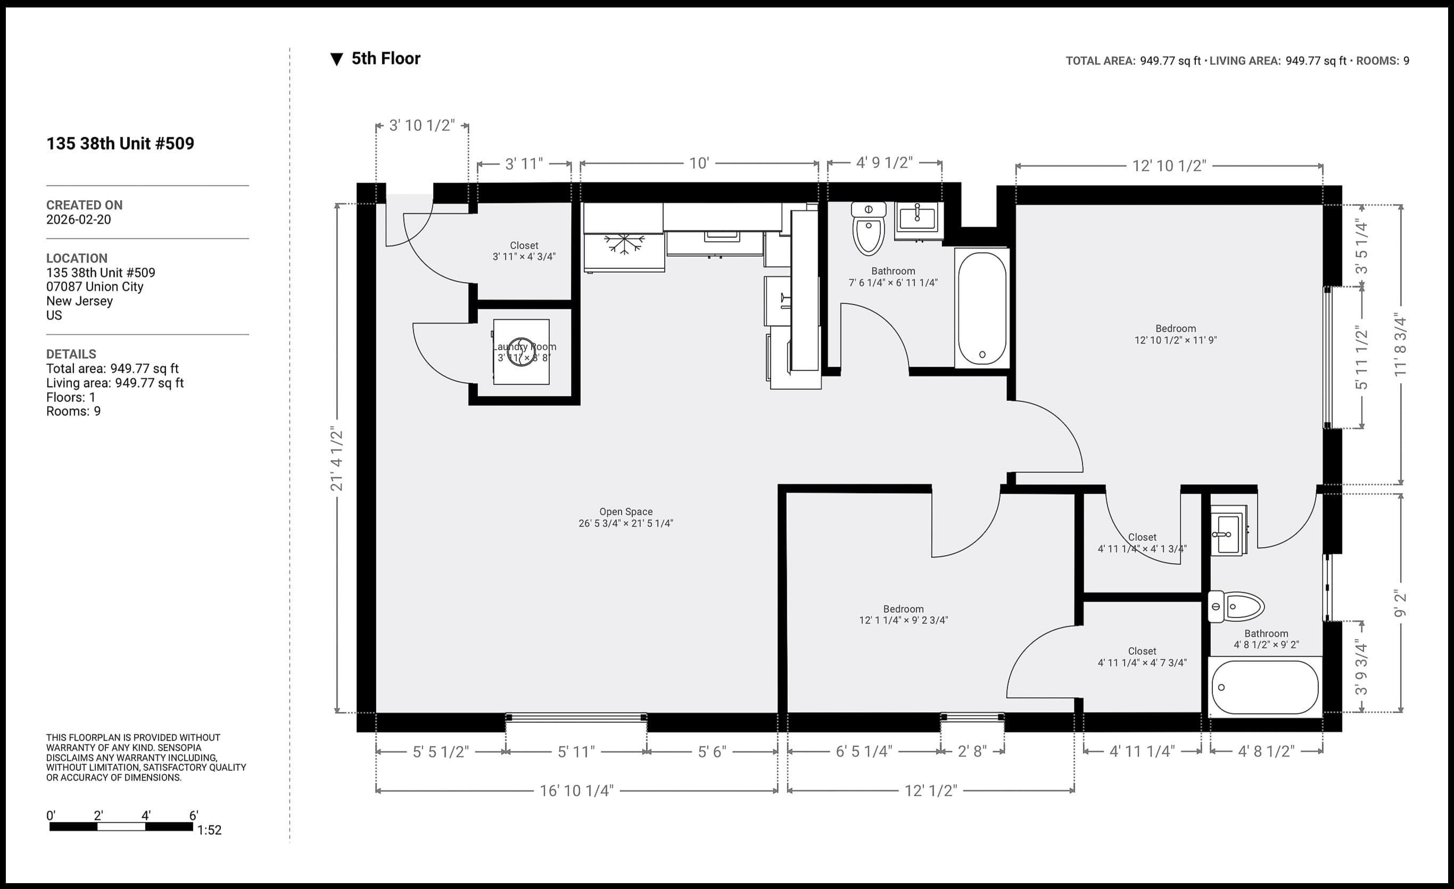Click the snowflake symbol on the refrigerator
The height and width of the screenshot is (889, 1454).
pos(624,244)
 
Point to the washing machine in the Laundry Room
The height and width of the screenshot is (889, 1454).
pos(521,352)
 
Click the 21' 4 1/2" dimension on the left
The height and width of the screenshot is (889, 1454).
pos(336,459)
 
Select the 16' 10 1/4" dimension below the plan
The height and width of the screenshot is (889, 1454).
pos(576,791)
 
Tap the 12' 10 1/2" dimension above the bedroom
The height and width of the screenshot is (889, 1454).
pos(1168,166)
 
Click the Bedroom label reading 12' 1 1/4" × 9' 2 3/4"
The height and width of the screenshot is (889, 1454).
pos(903,614)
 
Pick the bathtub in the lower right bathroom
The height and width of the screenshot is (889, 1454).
pos(1264,687)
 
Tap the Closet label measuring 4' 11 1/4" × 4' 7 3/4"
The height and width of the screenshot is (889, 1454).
pos(1141,656)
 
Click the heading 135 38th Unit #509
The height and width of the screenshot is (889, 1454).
pos(120,143)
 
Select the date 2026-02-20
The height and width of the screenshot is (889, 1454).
pos(78,220)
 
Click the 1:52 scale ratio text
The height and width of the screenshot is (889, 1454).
pos(209,830)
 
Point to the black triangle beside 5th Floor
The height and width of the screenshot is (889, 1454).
pos(336,59)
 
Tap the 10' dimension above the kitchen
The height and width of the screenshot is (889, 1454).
pos(699,163)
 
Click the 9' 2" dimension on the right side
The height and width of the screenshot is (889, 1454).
pos(1400,603)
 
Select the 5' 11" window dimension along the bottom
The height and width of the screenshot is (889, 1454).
pos(576,752)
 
